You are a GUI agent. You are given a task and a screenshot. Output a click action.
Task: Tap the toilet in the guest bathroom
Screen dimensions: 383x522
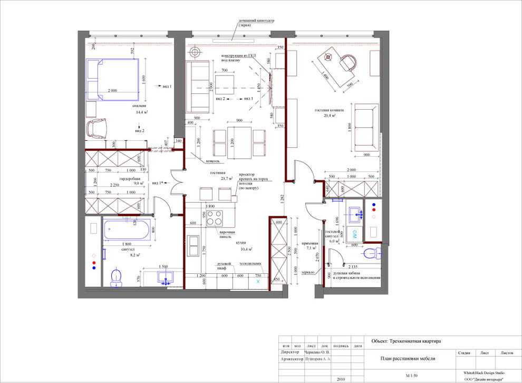coord(375,252)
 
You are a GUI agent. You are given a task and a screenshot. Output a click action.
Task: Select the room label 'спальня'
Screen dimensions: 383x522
coord(140,106)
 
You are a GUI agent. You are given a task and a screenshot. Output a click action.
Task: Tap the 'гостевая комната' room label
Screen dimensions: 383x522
coord(330,111)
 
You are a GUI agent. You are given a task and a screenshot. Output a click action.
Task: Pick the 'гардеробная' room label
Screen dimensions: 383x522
coord(129,179)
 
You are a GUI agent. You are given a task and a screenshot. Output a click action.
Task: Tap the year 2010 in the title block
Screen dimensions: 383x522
coord(341,379)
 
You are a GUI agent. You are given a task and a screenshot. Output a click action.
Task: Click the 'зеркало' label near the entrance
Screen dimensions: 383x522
coord(308,273)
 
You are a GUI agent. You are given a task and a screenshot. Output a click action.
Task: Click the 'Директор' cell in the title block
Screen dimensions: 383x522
coord(291,352)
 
